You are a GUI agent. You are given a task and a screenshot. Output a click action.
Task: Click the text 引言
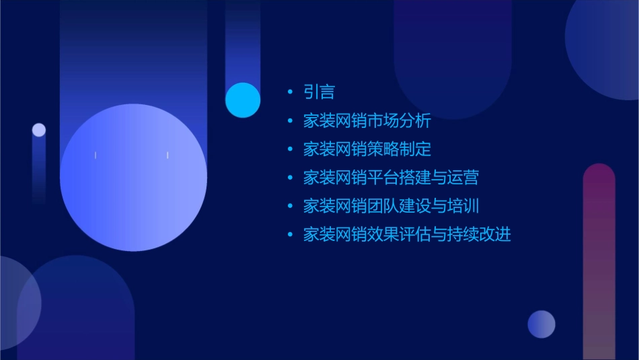(x=319, y=92)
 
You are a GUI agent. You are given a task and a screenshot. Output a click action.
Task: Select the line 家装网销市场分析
(x=367, y=121)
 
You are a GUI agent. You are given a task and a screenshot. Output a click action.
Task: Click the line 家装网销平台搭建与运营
(x=391, y=178)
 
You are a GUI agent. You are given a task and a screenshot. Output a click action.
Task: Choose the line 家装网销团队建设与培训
(x=391, y=206)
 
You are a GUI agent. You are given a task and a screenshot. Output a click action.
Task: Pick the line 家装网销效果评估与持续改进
(x=407, y=235)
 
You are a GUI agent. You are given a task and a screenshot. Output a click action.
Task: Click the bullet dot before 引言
(x=290, y=92)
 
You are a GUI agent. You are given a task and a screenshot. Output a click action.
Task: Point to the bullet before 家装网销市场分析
(x=290, y=121)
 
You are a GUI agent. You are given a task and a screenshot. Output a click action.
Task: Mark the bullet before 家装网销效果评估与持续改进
(x=290, y=235)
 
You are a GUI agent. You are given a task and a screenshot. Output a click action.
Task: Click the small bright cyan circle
(x=243, y=100)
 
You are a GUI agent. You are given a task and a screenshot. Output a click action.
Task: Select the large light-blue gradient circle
(x=133, y=177)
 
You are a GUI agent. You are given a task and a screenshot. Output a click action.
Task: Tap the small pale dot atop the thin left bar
(x=39, y=130)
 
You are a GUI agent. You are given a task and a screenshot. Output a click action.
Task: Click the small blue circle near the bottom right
(x=541, y=324)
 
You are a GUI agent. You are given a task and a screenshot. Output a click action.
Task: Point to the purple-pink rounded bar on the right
(x=599, y=262)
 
